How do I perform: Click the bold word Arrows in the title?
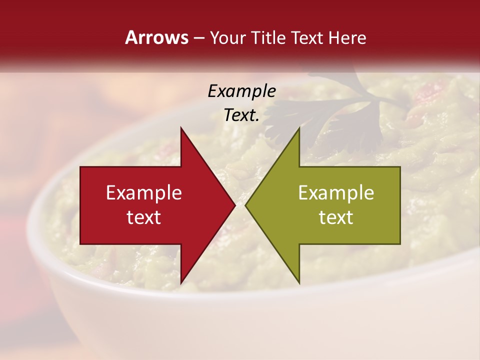[156, 37]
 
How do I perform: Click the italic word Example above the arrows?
[241, 91]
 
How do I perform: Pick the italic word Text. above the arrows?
[241, 115]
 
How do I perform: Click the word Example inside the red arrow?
[144, 193]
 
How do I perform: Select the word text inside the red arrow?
[144, 217]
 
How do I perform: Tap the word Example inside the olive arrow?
[336, 193]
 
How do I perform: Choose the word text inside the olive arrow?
[336, 217]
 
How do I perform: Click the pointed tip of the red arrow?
[235, 205]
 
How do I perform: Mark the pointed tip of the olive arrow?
[245, 205]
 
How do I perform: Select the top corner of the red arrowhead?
[181, 128]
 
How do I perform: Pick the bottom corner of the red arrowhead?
[181, 283]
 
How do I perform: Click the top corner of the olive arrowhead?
[299, 128]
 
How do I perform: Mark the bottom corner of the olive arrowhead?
[299, 283]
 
